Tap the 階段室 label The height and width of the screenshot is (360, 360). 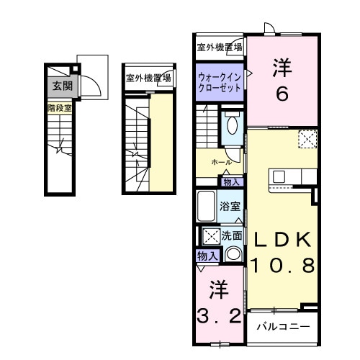click(59, 109)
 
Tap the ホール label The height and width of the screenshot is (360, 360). click(221, 163)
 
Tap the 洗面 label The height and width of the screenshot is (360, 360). click(231, 235)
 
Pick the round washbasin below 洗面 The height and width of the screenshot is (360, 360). click(233, 253)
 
